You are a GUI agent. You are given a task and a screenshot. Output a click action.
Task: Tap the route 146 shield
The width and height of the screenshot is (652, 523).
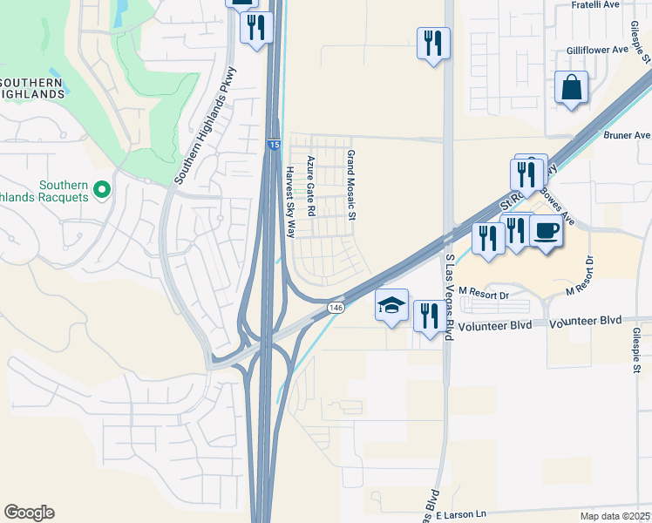336,309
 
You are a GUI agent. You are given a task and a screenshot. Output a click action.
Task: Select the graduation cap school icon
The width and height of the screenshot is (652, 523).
392,305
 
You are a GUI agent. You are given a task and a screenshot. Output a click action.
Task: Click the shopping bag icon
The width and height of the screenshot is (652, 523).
571,88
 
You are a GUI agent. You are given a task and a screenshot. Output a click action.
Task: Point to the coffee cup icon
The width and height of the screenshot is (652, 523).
546,232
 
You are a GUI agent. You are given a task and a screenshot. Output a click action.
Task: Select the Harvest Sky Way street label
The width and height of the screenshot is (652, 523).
291,202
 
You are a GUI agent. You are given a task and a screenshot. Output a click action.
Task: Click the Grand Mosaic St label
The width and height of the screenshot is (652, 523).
352,184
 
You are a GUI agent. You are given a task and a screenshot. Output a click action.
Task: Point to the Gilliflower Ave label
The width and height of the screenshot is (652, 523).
597,50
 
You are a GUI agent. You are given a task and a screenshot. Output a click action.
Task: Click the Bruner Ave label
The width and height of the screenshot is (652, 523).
628,136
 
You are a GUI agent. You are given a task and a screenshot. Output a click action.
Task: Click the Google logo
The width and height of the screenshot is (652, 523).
29,513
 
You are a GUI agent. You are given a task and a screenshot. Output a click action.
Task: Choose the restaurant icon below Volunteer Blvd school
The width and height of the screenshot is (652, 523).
427,316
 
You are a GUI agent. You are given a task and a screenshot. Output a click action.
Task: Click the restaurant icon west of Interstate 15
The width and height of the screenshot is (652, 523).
255,28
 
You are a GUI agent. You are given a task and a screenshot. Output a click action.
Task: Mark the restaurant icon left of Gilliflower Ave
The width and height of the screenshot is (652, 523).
433,43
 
